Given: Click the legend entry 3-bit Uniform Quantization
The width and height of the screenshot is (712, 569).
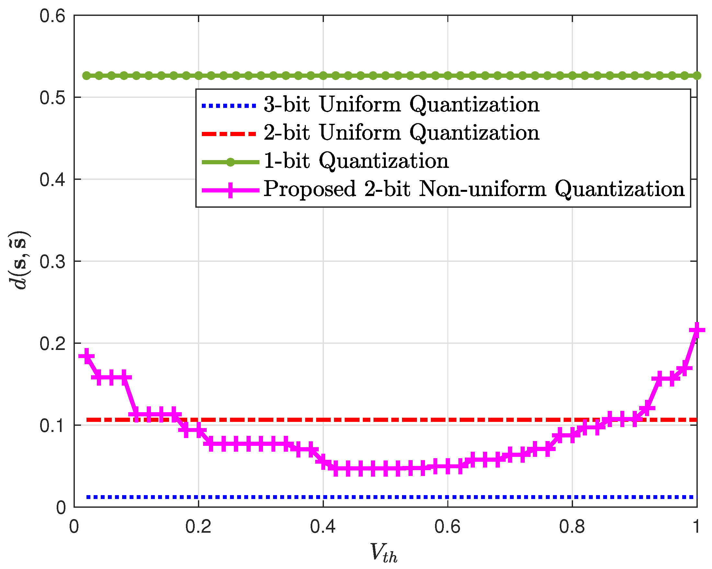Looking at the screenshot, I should click(x=401, y=105).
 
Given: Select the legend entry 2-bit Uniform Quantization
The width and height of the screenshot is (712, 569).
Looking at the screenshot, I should click(x=401, y=133).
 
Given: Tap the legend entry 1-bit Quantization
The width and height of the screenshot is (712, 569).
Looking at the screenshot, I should click(x=356, y=161).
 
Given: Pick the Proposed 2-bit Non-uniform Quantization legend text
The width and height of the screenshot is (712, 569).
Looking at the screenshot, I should click(x=474, y=189).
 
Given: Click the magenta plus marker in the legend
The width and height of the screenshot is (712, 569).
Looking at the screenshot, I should click(x=231, y=190).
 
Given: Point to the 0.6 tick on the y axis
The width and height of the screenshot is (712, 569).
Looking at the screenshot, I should click(x=52, y=16).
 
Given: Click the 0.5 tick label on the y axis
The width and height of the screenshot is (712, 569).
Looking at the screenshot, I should click(x=52, y=98).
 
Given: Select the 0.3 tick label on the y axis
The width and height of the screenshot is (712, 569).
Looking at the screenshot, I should click(x=52, y=262).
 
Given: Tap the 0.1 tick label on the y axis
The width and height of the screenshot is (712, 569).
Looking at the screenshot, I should click(x=52, y=425).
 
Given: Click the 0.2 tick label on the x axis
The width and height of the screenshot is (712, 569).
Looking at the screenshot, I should click(x=198, y=526).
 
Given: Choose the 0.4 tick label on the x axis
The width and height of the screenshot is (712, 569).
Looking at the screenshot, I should click(x=323, y=526).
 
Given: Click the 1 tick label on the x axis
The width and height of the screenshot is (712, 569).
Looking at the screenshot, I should click(x=696, y=526).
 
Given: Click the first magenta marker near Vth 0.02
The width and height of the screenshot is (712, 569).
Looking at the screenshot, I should click(x=86, y=356).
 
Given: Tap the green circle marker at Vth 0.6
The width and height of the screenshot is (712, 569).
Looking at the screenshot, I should click(x=447, y=76).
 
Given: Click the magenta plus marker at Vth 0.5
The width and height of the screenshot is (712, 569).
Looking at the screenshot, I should click(x=385, y=468).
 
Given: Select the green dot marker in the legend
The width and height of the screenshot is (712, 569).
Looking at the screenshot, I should click(x=231, y=162).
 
